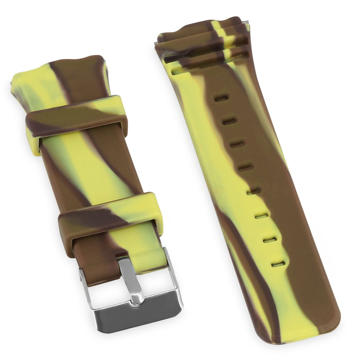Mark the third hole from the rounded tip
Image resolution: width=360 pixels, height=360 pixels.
click(x=261, y=215)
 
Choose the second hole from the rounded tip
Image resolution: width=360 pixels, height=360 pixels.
click(x=270, y=240)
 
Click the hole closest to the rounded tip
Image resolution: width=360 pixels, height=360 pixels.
click(x=278, y=264)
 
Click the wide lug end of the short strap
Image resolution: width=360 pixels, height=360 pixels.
click(x=57, y=72)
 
